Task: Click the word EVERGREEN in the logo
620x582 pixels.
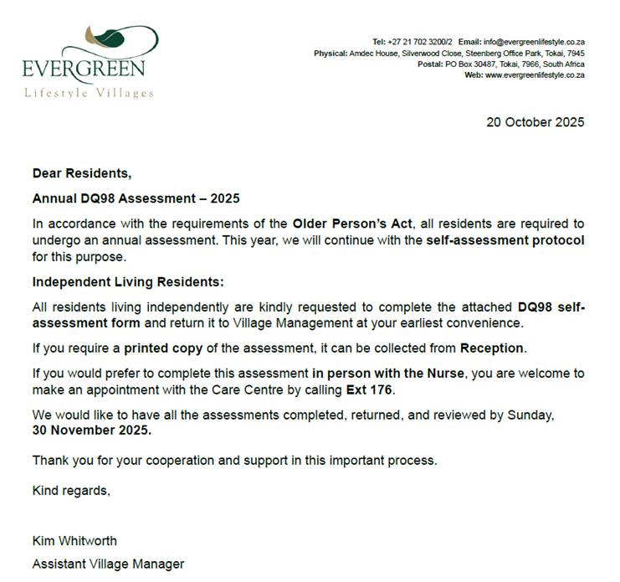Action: (x=84, y=68)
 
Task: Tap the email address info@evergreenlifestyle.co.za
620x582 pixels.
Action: (x=534, y=42)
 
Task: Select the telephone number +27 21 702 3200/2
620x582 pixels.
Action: (x=423, y=42)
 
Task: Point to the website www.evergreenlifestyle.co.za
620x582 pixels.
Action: (x=535, y=75)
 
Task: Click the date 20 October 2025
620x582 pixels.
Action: (x=535, y=122)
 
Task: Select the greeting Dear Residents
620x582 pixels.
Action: (x=82, y=174)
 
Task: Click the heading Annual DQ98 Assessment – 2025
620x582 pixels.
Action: (x=136, y=199)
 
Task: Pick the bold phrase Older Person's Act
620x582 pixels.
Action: (x=348, y=224)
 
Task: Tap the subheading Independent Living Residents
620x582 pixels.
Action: (x=128, y=282)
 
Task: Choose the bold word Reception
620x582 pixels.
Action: (x=492, y=348)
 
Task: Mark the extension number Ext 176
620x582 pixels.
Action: (x=368, y=389)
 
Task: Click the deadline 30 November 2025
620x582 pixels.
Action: (x=92, y=430)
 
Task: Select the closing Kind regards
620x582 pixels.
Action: (x=71, y=491)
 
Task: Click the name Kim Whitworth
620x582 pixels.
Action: (x=74, y=541)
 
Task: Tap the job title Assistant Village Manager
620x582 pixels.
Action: (x=108, y=564)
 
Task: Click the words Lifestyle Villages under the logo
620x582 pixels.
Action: (x=89, y=93)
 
